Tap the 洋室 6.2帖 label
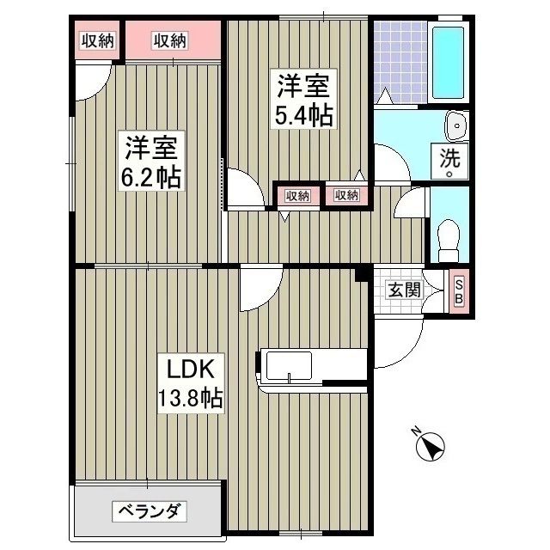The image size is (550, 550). [x=151, y=163]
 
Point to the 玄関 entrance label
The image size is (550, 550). [x=404, y=290]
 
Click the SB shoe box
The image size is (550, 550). [x=458, y=292]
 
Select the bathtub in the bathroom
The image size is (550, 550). [x=449, y=63]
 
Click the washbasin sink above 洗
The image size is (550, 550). [x=455, y=126]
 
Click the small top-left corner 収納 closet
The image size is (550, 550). [x=98, y=40]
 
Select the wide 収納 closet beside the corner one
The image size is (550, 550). [x=171, y=40]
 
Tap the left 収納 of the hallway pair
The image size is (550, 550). [x=296, y=196]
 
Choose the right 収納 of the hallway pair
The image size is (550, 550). [x=346, y=196]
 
